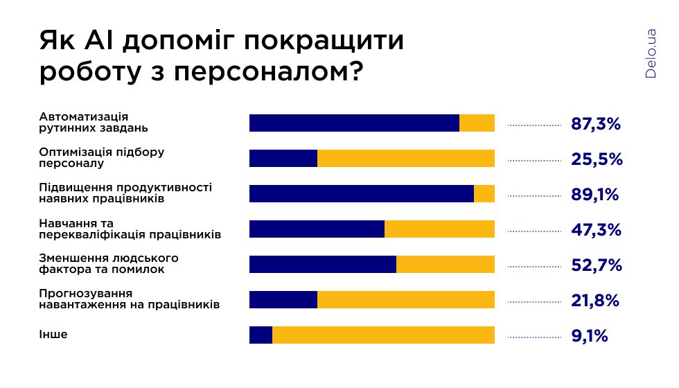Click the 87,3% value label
[596, 124]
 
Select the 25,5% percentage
[597, 159]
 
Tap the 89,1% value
[594, 195]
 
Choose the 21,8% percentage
[595, 301]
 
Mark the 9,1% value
[590, 336]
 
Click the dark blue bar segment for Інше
[261, 335]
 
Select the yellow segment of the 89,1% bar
[484, 194]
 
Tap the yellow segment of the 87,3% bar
[477, 123]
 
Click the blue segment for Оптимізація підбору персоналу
[283, 159]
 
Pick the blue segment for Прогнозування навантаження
[283, 300]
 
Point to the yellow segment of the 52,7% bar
[446, 265]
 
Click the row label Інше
[53, 335]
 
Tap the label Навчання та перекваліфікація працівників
[130, 229]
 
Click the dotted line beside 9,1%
[534, 337]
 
